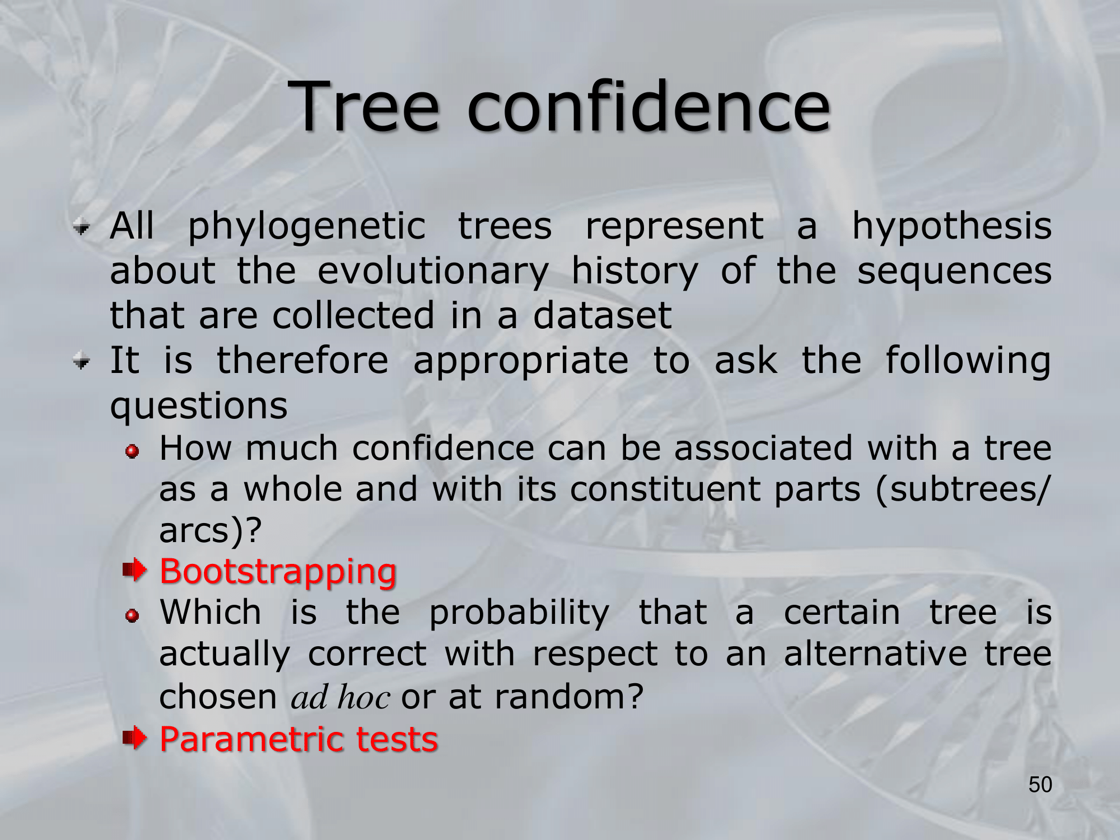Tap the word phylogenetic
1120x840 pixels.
click(x=307, y=227)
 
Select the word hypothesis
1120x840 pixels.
click(x=951, y=227)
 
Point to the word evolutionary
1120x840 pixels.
click(x=433, y=272)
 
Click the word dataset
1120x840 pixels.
click(x=602, y=315)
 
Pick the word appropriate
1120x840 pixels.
click(x=521, y=362)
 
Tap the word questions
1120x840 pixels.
click(x=199, y=407)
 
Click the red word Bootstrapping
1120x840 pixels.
click(x=278, y=573)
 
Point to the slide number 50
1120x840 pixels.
click(x=1040, y=785)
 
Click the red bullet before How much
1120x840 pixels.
click(x=132, y=451)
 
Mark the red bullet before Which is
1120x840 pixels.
click(x=132, y=616)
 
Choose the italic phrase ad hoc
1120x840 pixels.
click(x=340, y=697)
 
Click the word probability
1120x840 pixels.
click(x=519, y=614)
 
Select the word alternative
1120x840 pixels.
click(x=875, y=654)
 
